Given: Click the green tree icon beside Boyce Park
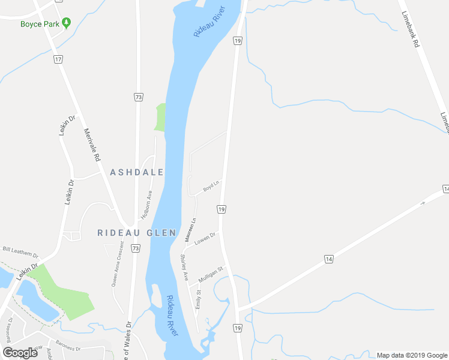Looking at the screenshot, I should pos(67,23).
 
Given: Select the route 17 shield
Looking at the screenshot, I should pos(58,59).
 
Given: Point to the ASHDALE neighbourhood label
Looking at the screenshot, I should pos(137,172).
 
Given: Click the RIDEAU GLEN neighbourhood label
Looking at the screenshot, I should pos(137,233).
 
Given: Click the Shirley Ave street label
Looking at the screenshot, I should pos(184,268).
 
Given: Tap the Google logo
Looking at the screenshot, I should pos(20,353).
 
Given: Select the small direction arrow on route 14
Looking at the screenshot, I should pos(424,203).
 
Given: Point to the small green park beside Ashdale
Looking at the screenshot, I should pos(160,117).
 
